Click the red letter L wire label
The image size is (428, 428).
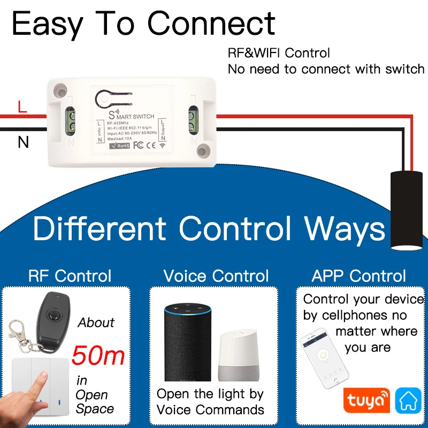pyautogui.click(x=22, y=106)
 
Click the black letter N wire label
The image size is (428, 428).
pyautogui.click(x=23, y=142)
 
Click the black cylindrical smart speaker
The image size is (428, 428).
pyautogui.click(x=188, y=342)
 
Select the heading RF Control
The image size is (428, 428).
pyautogui.click(x=70, y=276)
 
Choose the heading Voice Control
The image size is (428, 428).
pyautogui.click(x=216, y=276)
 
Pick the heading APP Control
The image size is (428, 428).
pyautogui.click(x=359, y=276)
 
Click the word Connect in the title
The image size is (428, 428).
pyautogui.click(x=211, y=24)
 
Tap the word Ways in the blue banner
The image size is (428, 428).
pyautogui.click(x=345, y=228)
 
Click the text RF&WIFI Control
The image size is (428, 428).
pyautogui.click(x=279, y=52)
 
